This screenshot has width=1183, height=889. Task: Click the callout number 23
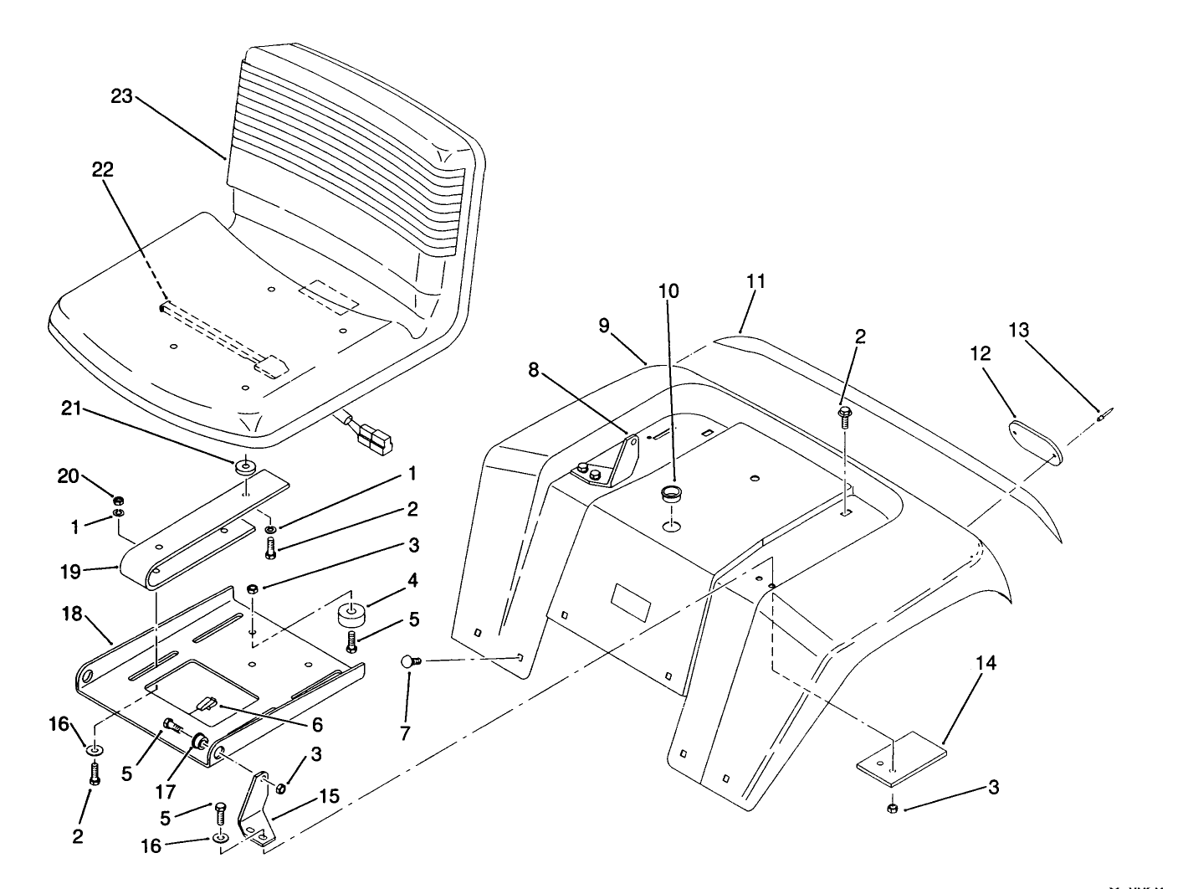click(x=122, y=96)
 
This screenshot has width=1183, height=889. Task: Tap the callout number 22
click(x=103, y=169)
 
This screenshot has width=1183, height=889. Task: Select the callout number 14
click(x=986, y=664)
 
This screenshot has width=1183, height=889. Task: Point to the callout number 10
click(x=668, y=291)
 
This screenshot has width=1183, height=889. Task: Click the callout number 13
click(x=1018, y=330)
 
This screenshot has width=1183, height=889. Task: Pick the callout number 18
click(x=72, y=614)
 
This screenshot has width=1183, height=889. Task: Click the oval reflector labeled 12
click(x=1032, y=441)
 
